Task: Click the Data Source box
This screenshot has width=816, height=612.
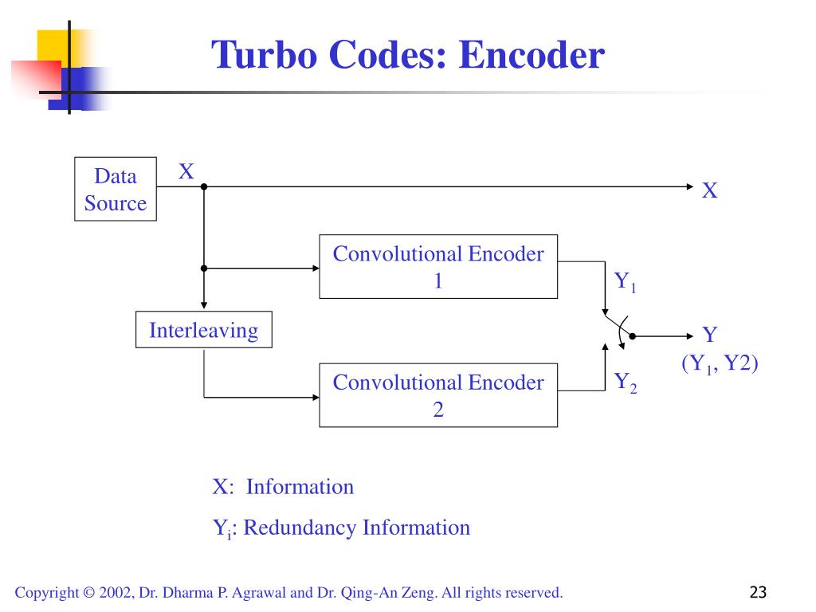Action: click(x=116, y=189)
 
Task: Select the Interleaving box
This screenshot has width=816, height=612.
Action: click(x=204, y=329)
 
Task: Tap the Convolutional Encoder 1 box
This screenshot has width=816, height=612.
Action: click(x=438, y=266)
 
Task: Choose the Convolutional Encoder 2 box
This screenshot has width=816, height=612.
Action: click(x=438, y=395)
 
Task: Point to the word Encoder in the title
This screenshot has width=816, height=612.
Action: click(x=532, y=54)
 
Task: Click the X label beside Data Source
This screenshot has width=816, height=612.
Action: click(x=186, y=171)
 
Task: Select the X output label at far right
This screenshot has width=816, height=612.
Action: click(x=710, y=190)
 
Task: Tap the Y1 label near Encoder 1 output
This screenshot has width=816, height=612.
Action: click(x=625, y=281)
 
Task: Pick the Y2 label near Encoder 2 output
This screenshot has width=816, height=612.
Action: click(x=625, y=382)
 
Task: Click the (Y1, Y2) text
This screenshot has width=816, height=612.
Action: click(x=720, y=363)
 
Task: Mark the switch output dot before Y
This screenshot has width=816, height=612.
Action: click(x=632, y=336)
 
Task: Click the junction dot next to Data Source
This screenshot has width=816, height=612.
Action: click(x=204, y=186)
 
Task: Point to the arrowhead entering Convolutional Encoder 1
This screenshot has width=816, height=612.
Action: click(x=316, y=268)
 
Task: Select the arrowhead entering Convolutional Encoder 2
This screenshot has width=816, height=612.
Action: click(x=316, y=397)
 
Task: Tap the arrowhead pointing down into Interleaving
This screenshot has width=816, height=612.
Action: click(x=204, y=305)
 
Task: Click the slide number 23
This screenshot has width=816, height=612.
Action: click(x=759, y=592)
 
